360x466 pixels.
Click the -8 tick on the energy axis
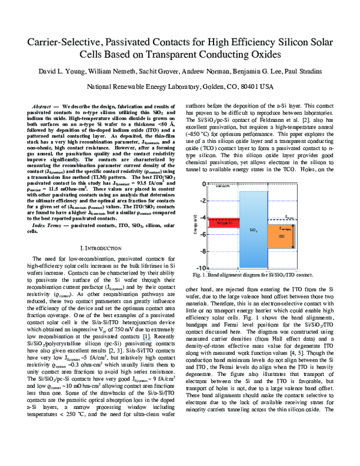(203, 251)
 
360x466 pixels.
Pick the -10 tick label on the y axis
(202, 268)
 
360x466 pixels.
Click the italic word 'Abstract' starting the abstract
(43, 105)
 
